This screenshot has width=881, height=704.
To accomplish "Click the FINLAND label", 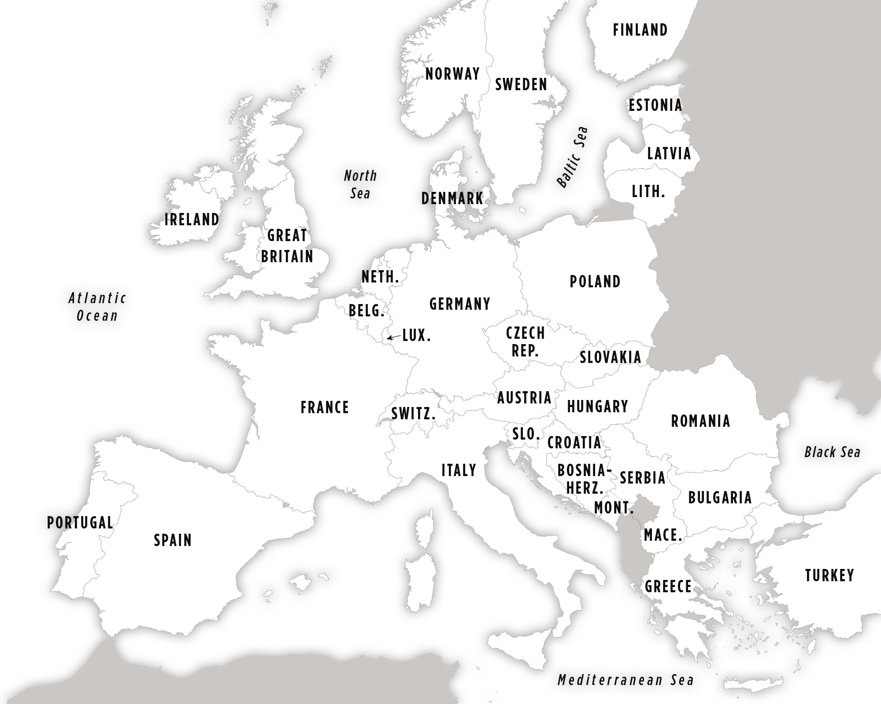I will pos(640,30).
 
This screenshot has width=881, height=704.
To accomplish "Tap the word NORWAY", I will pos(452,74).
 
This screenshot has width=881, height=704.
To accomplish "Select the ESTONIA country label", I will pos(655,105).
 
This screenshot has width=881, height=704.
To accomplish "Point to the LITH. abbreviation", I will pos(648,191).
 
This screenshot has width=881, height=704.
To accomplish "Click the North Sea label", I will pos(360,184).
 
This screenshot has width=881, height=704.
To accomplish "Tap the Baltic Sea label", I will pos(572,157).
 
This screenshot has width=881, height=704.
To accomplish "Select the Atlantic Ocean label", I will pos(97,307).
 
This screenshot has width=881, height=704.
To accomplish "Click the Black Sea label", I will pos(832,452).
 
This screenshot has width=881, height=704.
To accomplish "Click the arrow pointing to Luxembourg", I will pos(391,337).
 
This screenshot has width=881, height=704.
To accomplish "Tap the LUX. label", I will pos(416,336).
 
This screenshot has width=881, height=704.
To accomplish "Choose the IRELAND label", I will pos(192,220).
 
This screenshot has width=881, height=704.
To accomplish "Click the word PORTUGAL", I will pos(80,522).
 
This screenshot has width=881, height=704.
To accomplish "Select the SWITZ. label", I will pos(413,414).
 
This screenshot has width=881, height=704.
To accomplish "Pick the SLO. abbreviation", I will pos(526,434).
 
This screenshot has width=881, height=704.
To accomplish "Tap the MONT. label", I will pos(614,508).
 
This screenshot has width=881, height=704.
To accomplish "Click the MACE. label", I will pos(663,535).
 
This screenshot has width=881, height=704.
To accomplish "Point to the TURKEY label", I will pos(829,575).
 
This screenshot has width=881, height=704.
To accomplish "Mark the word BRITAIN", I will pos(287,256).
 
